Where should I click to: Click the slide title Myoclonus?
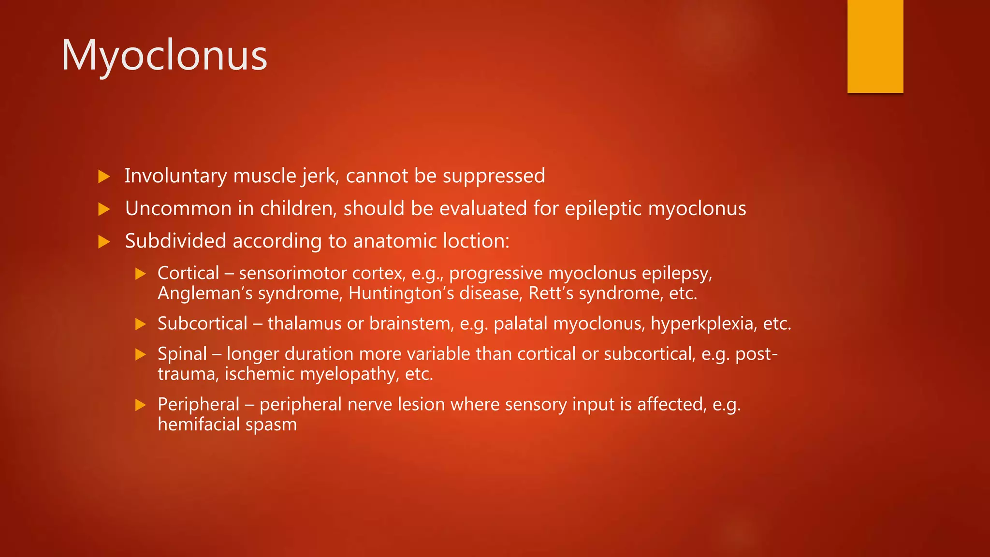[164, 56]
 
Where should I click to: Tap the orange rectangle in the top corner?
[875, 46]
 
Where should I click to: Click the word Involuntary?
[175, 176]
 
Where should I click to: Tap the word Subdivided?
[175, 241]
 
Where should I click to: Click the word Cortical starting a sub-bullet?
[189, 273]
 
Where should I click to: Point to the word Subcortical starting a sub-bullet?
[203, 323]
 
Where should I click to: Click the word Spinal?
[182, 354]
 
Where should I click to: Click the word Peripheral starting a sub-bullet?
[199, 404]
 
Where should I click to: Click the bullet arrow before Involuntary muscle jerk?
[104, 176]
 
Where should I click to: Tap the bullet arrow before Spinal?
[141, 354]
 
